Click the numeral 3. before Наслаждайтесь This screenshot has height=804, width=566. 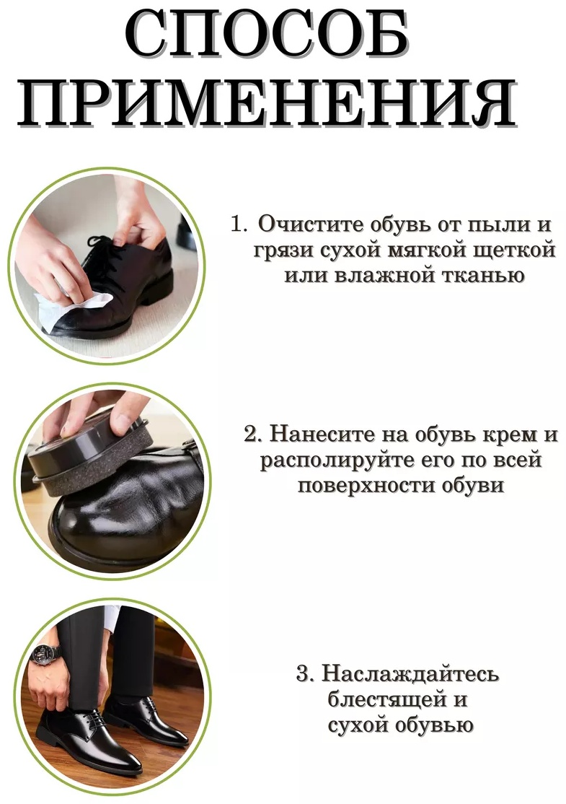(x=306, y=673)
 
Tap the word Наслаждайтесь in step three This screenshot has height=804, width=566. (x=410, y=674)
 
